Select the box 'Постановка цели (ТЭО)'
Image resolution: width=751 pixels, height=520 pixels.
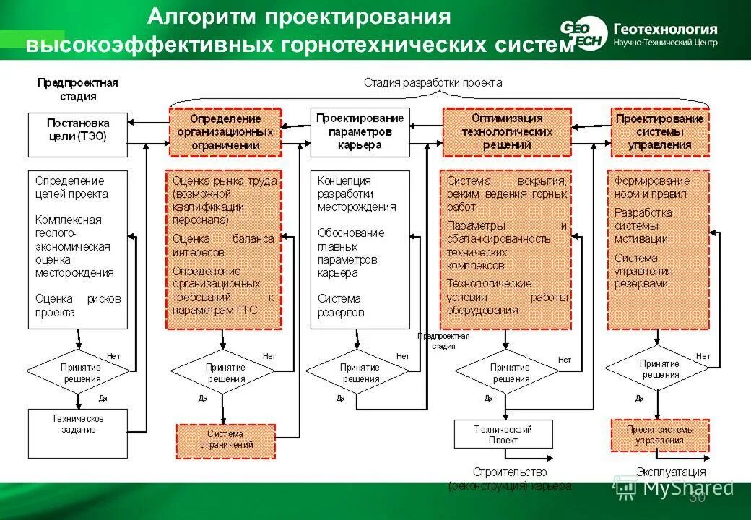[78, 134]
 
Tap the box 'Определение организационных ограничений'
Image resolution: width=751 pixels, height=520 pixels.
[225, 132]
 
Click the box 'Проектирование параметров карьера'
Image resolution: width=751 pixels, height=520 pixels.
[360, 132]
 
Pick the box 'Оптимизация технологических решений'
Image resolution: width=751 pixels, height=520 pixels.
[506, 132]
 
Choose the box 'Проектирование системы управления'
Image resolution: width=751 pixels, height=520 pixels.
[660, 132]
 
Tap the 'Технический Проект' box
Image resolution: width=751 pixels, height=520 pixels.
[503, 434]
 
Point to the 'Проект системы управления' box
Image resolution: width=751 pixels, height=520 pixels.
[660, 435]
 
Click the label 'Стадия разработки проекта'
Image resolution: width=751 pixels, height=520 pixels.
[433, 82]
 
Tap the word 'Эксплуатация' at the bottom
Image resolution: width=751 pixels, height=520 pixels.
[670, 472]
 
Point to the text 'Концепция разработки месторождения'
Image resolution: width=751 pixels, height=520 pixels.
[357, 194]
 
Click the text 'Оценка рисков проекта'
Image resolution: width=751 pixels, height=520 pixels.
[78, 305]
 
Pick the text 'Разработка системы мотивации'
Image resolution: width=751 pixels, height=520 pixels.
[643, 225]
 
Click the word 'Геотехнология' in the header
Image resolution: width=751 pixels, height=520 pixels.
[665, 29]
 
